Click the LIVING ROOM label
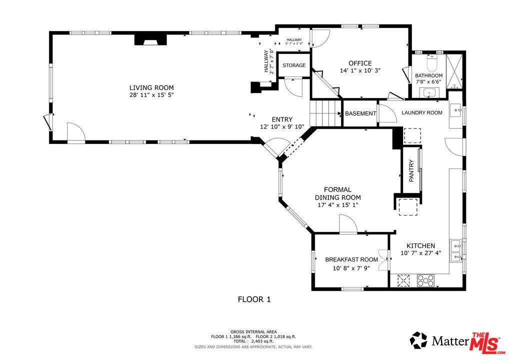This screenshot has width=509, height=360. (151, 87)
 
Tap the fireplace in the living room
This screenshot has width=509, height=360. (150, 39)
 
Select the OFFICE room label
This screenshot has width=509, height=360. (360, 63)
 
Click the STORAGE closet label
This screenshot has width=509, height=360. (294, 65)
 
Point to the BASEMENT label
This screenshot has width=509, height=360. (360, 113)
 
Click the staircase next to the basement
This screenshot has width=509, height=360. (325, 113)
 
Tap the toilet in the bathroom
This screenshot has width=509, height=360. (432, 63)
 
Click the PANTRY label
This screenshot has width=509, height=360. (411, 170)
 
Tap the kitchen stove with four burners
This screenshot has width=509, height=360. (425, 280)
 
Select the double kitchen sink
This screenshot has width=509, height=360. (456, 251)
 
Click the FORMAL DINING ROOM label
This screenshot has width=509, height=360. (338, 193)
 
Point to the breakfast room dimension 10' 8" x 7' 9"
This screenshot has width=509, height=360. (351, 268)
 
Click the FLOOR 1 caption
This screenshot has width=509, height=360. (254, 299)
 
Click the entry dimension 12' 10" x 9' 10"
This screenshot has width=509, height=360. (282, 126)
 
